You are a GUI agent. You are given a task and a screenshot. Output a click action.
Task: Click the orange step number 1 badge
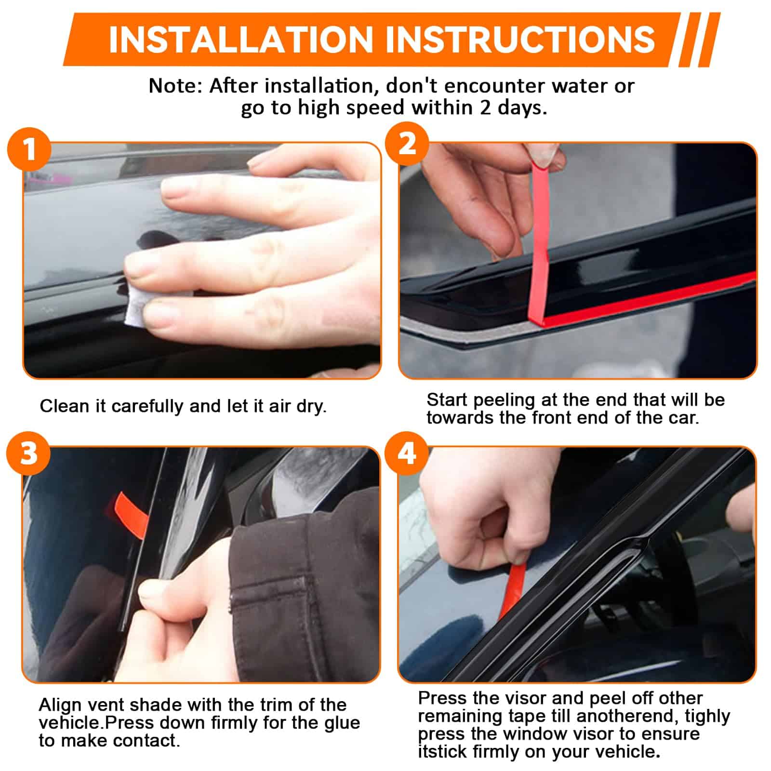pyautogui.click(x=29, y=149)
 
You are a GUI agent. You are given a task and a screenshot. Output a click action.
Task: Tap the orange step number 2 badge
pyautogui.click(x=407, y=144)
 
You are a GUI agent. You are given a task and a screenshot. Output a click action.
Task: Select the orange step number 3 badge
pyautogui.click(x=28, y=453)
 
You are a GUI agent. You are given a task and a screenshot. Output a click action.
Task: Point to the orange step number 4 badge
pyautogui.click(x=407, y=453)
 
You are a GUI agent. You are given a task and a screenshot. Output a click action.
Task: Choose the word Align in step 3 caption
pyautogui.click(x=61, y=705)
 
